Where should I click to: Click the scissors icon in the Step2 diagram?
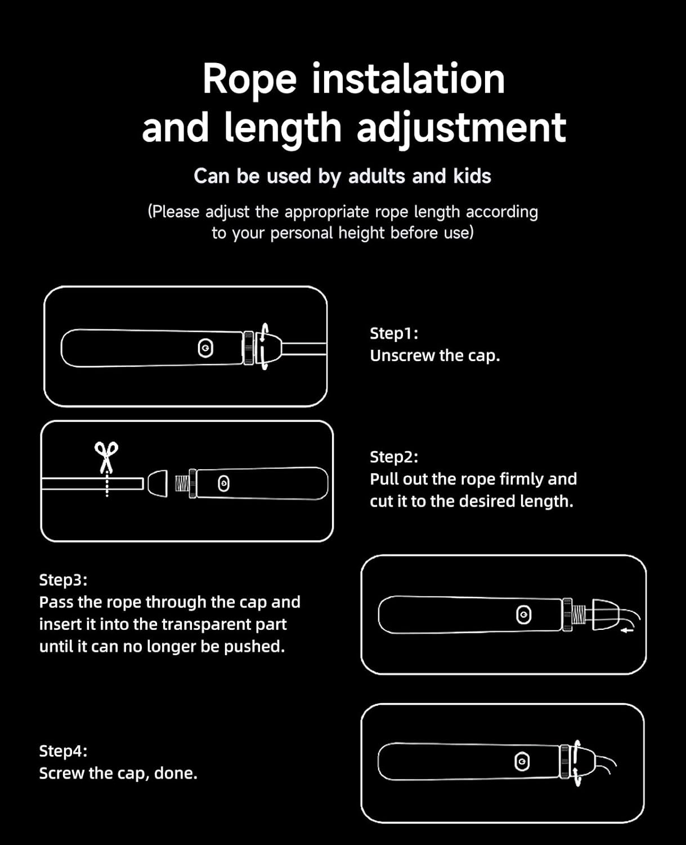106,457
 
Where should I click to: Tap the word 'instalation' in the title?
409,79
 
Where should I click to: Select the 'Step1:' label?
394,333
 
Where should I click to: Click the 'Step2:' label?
394,457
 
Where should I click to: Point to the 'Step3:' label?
64,580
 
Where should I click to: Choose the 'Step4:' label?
64,751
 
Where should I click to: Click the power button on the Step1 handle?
205,348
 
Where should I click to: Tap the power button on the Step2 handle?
223,483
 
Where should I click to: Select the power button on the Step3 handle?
523,615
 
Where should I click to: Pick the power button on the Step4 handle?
522,762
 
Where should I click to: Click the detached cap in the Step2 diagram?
158,483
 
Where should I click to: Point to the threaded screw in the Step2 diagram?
182,483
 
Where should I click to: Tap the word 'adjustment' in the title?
461,128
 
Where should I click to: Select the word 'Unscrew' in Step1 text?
402,356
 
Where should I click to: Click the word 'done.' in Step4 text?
176,773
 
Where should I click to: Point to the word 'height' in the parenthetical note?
361,233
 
